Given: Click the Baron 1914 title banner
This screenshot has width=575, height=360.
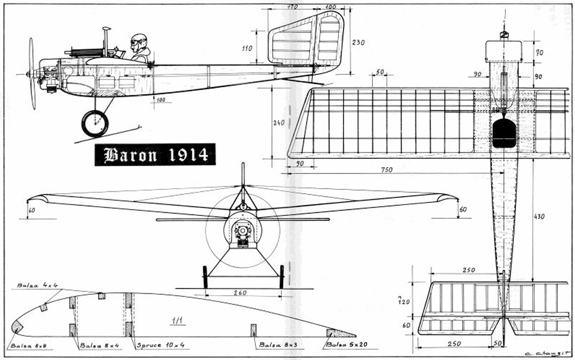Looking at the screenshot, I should click(155, 155).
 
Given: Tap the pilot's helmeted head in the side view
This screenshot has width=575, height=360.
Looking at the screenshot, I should click(138, 42).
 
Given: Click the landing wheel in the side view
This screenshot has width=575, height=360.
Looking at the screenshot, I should click(95, 124).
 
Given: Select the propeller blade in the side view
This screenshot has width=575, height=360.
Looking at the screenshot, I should click(32, 73).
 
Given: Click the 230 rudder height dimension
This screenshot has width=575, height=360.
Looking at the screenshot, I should click(358, 43).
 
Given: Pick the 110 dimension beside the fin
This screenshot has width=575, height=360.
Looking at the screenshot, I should click(246, 49).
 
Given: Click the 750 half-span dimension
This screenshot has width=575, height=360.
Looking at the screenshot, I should click(386, 170).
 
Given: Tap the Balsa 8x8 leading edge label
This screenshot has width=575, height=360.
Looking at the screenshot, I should click(24, 345).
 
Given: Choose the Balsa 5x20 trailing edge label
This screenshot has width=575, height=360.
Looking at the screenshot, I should click(344, 345).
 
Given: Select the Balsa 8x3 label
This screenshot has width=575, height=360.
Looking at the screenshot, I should click(275, 345).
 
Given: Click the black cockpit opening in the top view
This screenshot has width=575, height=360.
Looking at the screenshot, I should click(504, 134).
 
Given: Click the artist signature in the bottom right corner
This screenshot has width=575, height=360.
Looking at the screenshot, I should click(548, 353).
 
